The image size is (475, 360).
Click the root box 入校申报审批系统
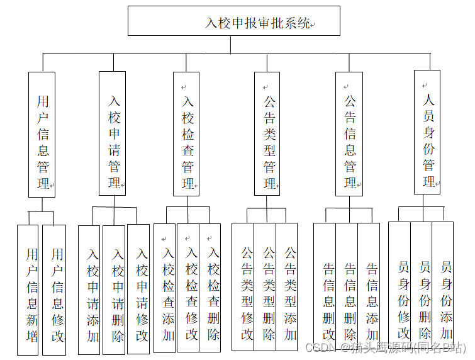point(233,21)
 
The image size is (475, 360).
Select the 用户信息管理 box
point(42,133)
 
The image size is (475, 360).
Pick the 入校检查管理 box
point(186,133)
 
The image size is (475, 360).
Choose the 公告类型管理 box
point(267,133)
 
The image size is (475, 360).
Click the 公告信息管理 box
point(349,133)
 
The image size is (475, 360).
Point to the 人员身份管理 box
point(427,132)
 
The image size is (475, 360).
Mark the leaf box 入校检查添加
point(165,288)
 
